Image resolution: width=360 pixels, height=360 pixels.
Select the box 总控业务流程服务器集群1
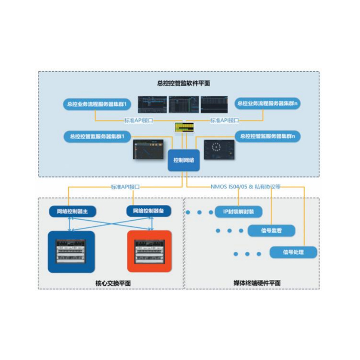(96, 104)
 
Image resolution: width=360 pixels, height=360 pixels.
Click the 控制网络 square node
(184, 160)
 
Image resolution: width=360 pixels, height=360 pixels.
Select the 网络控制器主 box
(72, 211)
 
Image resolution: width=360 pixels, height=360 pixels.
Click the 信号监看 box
(271, 231)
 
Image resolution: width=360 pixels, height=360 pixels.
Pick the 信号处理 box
(293, 252)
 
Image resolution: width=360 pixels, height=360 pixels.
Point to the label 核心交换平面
(110, 283)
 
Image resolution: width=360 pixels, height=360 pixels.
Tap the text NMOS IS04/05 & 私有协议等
(245, 187)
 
